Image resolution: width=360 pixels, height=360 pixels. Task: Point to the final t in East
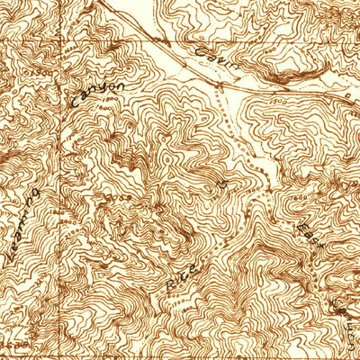pyautogui.click(x=319, y=244)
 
